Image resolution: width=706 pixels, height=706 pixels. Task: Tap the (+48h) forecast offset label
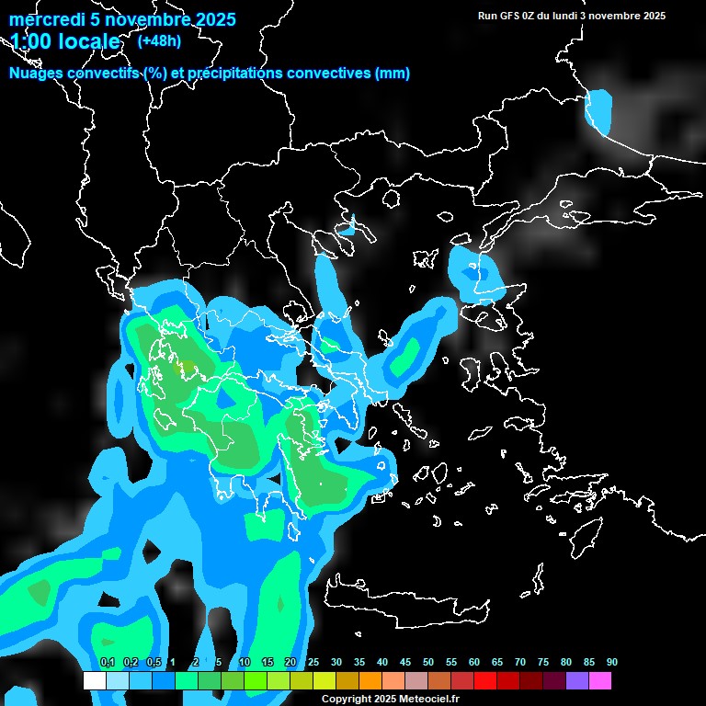point(159,40)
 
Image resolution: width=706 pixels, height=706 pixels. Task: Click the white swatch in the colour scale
point(94,681)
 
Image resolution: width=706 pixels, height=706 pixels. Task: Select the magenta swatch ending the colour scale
point(600,681)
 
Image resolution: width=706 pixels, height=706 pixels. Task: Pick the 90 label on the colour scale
point(611,663)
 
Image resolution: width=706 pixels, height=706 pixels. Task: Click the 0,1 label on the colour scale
point(107,663)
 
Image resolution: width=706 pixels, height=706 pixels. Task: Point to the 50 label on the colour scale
point(428,663)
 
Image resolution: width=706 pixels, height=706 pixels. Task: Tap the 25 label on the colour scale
point(313,663)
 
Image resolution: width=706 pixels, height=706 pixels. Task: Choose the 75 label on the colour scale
point(543,663)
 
